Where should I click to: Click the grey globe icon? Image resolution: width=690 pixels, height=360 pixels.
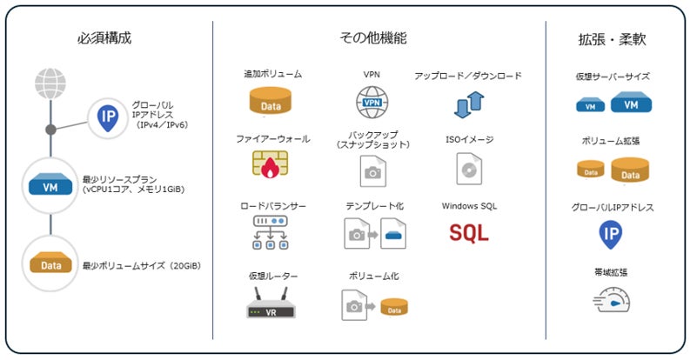pos(50,83)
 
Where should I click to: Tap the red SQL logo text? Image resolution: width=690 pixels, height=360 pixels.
pos(469,233)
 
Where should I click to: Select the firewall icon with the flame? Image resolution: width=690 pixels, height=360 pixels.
pos(271,164)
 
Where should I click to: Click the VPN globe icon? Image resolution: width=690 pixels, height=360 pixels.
pos(372,103)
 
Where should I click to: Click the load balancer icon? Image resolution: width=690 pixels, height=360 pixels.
pos(271,232)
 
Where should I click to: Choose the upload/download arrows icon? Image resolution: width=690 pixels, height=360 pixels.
pos(469,104)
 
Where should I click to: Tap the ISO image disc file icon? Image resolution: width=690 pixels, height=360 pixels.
pos(469,169)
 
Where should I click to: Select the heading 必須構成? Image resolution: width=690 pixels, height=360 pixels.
pos(104,37)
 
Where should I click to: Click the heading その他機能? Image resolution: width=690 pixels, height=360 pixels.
pos(373,37)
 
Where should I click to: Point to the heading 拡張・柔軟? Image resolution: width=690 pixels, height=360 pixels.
pos(612,39)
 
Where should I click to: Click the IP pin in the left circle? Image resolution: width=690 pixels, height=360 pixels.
pos(108,117)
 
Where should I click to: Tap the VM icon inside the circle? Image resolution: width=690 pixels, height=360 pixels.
pos(50,184)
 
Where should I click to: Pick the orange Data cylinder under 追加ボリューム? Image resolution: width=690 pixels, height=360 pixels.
pos(271,101)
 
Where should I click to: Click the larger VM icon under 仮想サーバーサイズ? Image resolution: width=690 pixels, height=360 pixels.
pos(631,103)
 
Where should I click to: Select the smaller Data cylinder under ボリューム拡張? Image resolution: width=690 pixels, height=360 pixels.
pos(591,170)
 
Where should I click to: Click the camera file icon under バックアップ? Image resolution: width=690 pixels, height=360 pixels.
pos(372,171)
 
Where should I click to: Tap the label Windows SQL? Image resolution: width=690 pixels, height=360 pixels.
pos(469,206)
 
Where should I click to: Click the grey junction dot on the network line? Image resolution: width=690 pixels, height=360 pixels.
pos(50,130)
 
